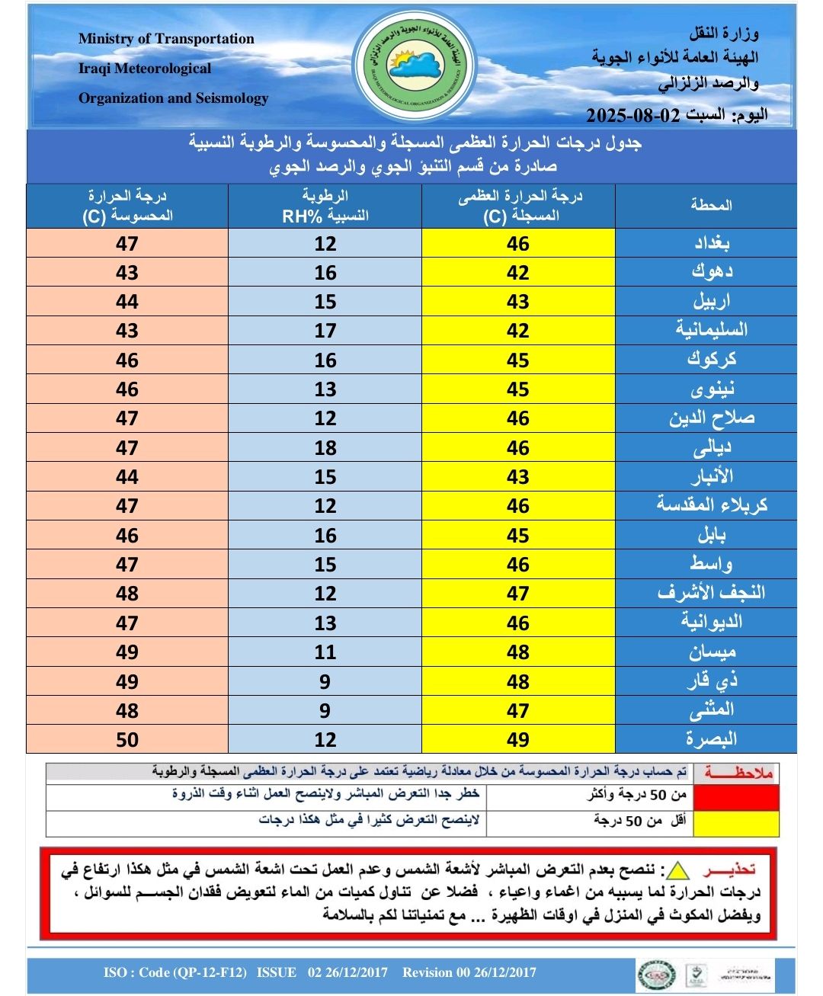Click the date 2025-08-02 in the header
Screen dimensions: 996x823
(632, 115)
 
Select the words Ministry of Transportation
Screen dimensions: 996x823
(166, 39)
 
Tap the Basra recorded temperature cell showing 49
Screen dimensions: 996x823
(518, 739)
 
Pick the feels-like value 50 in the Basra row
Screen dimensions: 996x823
(127, 739)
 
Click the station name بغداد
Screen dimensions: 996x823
(711, 243)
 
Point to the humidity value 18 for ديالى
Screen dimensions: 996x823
(325, 447)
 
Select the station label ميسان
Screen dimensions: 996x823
(712, 652)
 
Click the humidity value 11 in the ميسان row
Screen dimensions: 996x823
(325, 652)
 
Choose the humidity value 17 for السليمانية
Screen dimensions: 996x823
(325, 331)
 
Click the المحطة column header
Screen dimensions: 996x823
(711, 205)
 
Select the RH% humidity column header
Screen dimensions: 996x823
(325, 206)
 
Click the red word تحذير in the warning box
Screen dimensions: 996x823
(730, 869)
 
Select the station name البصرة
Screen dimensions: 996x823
(711, 739)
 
